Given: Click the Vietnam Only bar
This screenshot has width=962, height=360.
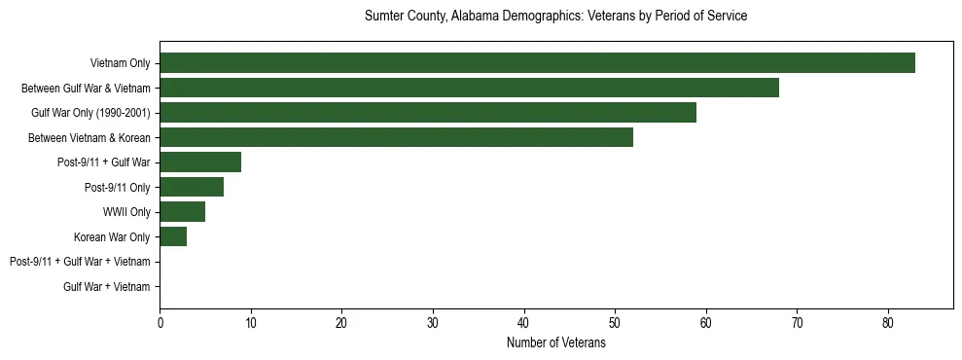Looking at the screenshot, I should click(x=537, y=63).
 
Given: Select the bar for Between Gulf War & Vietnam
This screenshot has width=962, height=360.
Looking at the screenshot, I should click(x=469, y=88).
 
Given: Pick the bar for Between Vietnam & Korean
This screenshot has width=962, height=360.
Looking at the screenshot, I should click(x=396, y=137).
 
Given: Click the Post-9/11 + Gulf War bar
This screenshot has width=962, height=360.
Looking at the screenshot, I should click(x=200, y=162).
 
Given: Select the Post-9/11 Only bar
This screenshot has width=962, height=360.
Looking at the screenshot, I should click(x=192, y=187).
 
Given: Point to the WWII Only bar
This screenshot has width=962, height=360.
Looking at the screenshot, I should click(x=182, y=211).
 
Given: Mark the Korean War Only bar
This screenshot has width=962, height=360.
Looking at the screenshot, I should click(x=173, y=236).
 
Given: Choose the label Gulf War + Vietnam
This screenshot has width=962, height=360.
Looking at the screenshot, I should click(x=107, y=287).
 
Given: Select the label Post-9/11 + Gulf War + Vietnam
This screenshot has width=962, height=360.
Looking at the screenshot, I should click(x=80, y=262).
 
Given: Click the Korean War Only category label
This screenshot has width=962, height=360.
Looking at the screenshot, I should click(x=112, y=237).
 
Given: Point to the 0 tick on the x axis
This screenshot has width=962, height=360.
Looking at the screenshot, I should click(x=160, y=323).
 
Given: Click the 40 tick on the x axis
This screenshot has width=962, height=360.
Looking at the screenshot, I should click(x=523, y=323).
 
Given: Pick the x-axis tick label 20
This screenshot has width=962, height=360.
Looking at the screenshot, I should click(x=341, y=323).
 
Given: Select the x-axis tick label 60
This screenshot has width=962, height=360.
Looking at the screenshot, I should click(x=705, y=323).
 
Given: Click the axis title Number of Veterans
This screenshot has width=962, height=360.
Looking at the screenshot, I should click(x=555, y=343).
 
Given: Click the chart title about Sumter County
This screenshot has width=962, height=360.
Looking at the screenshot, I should click(x=555, y=17).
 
